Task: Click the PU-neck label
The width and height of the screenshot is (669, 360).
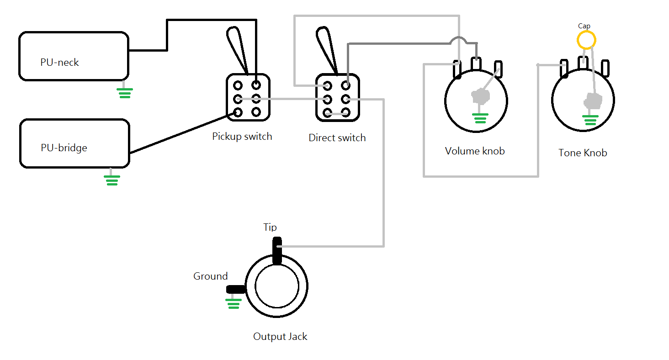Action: pos(59,62)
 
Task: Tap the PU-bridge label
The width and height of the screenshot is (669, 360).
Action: pos(64,148)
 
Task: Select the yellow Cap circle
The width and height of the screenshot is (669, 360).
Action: pos(586,40)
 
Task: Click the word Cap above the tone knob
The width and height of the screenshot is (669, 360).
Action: pos(584,26)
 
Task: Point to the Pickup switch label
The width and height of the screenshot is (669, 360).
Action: pos(242,137)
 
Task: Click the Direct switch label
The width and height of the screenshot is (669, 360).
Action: pos(337,138)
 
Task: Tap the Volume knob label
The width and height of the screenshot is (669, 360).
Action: pos(475,151)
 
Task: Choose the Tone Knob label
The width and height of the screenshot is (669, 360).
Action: pos(583,153)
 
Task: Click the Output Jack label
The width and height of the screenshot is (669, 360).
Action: pos(280,336)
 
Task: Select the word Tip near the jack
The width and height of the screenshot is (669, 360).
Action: pos(270,227)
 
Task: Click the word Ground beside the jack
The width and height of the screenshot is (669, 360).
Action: pos(210,276)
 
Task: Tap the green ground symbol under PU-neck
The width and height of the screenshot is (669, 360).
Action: pos(125,93)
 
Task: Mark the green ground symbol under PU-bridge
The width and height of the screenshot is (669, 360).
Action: pos(112,180)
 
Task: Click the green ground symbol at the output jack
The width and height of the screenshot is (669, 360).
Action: pos(234,304)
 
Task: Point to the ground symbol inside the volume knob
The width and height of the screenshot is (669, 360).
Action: pos(480,118)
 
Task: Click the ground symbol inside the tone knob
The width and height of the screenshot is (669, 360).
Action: pos(590,120)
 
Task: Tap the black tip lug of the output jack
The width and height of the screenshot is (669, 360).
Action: pos(277,251)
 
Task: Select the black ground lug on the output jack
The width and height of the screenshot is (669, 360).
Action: pos(236,289)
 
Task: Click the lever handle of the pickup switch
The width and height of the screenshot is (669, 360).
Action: pos(237,49)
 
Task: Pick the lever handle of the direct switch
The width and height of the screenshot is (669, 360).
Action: pos(327,49)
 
